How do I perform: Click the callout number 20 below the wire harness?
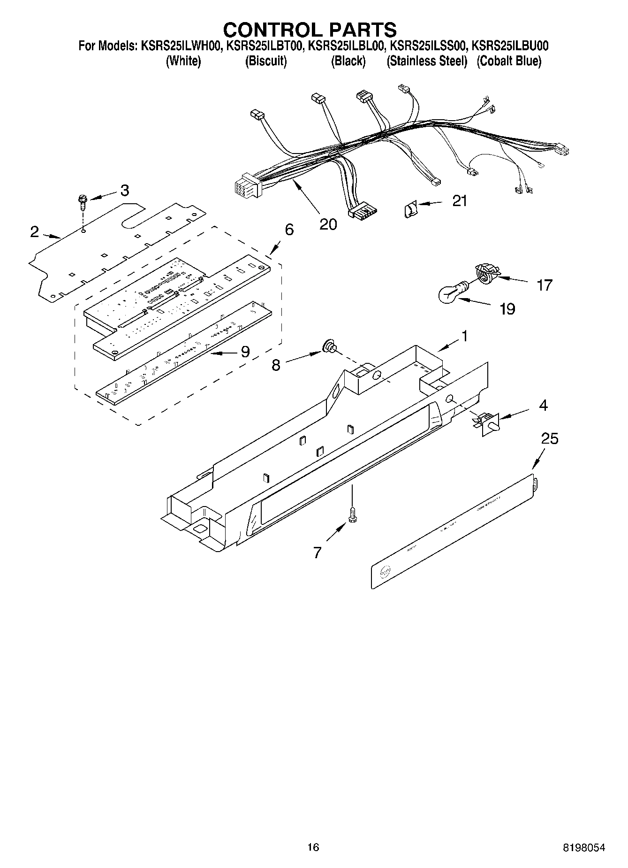(328, 224)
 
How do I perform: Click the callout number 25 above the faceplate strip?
(550, 438)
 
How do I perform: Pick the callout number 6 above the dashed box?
(289, 230)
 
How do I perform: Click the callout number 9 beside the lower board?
(245, 352)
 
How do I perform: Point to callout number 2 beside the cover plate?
(34, 231)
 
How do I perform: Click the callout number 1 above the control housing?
(464, 336)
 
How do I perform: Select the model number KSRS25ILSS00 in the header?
(428, 46)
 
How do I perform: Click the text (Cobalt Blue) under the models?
(509, 61)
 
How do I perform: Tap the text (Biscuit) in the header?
(266, 61)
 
